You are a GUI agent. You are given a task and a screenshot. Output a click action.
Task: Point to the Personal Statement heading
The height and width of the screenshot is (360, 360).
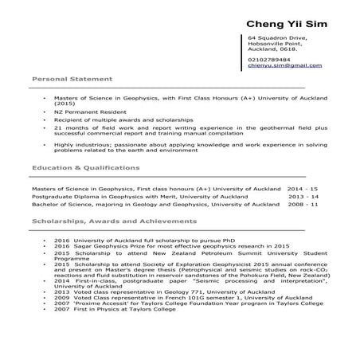coord(71,80)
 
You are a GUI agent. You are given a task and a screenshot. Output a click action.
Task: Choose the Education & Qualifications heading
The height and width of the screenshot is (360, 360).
coord(85,169)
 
